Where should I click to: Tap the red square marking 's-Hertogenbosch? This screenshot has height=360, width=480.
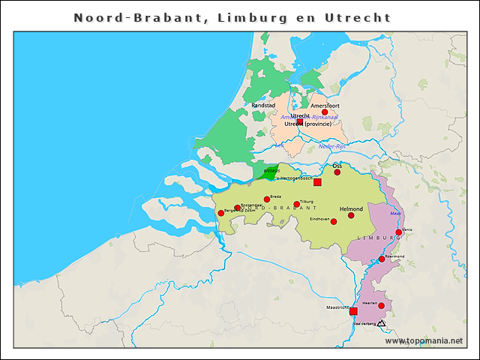[317, 182]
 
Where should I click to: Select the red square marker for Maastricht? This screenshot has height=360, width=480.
[354, 311]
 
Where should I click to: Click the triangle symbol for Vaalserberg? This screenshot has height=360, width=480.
[381, 323]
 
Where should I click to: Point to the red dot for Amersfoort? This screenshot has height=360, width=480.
[325, 112]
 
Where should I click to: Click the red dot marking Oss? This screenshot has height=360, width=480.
[337, 172]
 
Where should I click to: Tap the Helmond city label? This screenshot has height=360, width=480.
[351, 208]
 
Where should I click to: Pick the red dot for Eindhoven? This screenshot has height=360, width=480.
[334, 221]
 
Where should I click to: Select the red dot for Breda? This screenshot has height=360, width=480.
[267, 199]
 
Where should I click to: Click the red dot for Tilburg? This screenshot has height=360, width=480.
[297, 204]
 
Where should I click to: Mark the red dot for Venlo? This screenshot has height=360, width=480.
[399, 232]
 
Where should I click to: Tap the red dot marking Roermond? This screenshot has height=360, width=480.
[382, 259]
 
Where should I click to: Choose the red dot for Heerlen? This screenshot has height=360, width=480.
[381, 306]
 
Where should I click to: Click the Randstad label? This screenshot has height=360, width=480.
[263, 106]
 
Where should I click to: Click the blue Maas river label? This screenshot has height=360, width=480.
[394, 214]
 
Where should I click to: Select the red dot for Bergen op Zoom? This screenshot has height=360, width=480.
[221, 213]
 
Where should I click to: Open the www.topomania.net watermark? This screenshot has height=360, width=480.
[424, 340]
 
